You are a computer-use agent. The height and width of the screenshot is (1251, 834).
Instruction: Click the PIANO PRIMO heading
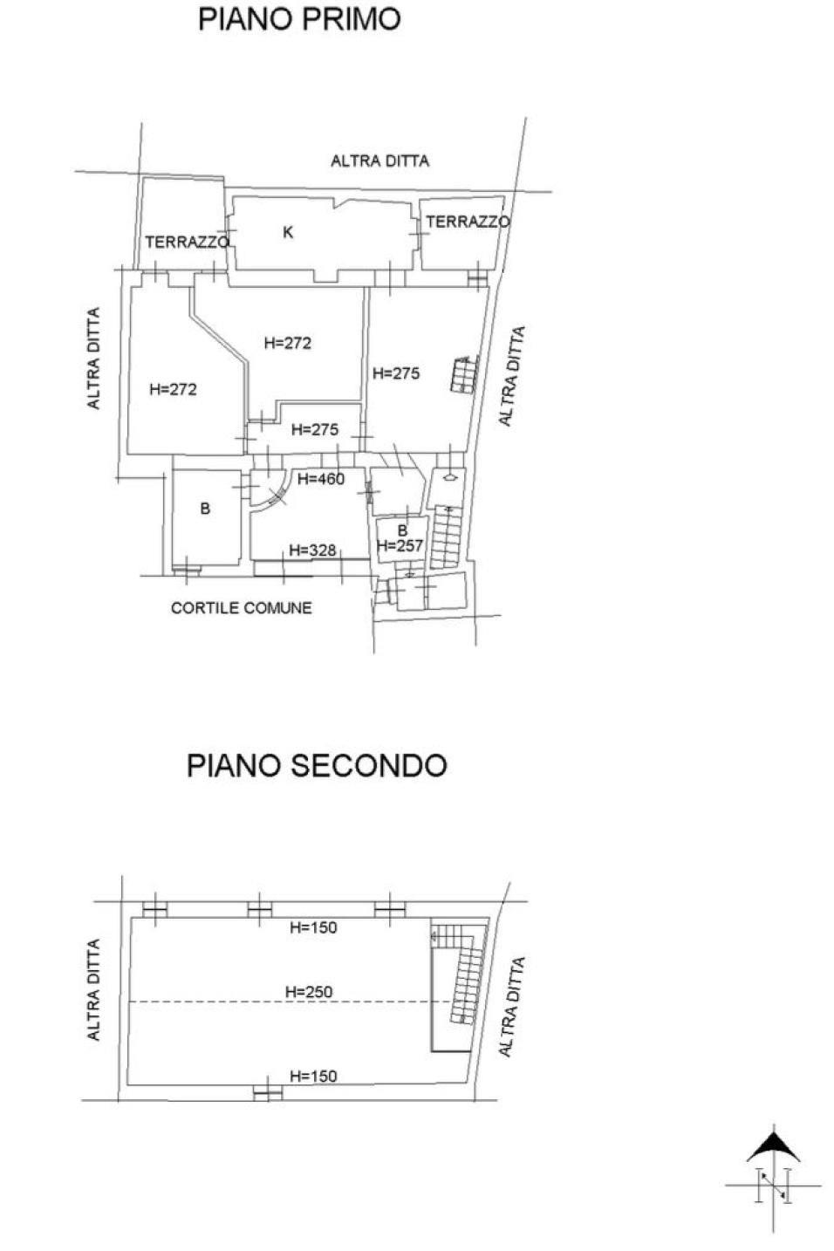point(299,19)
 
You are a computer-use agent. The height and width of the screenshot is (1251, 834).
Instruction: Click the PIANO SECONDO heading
point(317,765)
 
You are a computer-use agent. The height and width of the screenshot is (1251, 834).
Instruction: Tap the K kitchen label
point(288,232)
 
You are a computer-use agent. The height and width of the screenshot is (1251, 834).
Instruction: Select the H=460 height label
point(321,479)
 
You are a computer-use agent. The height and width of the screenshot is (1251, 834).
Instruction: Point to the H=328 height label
point(312,550)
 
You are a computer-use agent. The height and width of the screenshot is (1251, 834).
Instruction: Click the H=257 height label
point(400,545)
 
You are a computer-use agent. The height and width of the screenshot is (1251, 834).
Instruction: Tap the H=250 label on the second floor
point(309,992)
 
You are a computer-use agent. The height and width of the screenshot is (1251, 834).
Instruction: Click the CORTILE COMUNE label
point(242,608)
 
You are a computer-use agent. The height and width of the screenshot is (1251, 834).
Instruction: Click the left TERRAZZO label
point(188,242)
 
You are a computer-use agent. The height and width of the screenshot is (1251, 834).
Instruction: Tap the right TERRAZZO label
point(468,222)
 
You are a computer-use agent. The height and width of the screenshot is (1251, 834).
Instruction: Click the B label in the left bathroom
point(205,509)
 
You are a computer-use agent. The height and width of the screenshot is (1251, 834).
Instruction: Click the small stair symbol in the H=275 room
point(463,374)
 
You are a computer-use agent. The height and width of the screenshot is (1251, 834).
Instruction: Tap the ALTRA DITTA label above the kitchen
point(379,161)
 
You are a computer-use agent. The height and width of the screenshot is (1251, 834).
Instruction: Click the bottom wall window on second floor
point(268,1093)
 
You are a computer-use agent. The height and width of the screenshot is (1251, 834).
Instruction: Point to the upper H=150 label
point(313,927)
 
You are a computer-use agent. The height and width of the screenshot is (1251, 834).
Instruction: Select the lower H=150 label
point(313,1077)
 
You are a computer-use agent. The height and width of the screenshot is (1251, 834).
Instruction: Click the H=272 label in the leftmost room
point(173,389)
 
